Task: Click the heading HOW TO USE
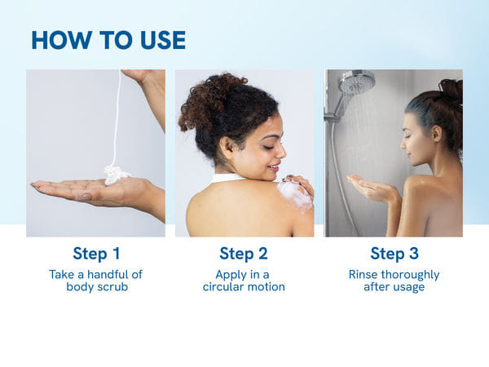tap(108, 40)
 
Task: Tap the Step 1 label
tap(95, 253)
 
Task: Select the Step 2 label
tap(244, 253)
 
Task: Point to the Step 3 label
tap(394, 253)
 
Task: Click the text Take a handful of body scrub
tap(95, 281)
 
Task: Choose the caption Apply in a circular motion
tap(244, 281)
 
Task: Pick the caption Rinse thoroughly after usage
tap(394, 281)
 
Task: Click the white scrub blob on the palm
tap(117, 174)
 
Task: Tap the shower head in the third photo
tap(356, 82)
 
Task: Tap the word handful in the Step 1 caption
tap(106, 274)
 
